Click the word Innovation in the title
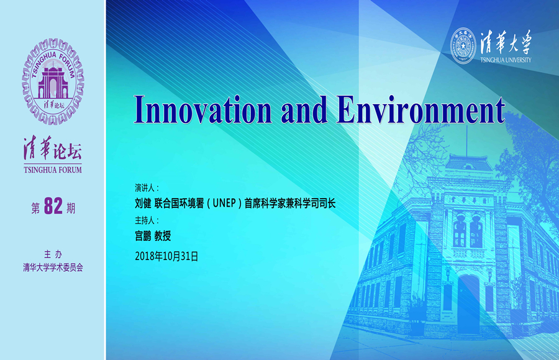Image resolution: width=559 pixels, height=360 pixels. pyautogui.click(x=202, y=109)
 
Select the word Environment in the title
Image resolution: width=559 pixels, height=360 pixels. pyautogui.click(x=420, y=109)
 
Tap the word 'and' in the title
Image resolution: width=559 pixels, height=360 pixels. pyautogui.click(x=304, y=109)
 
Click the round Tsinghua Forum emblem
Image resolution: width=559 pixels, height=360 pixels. pyautogui.click(x=53, y=82)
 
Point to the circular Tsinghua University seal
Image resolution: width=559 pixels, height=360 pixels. pyautogui.click(x=463, y=46)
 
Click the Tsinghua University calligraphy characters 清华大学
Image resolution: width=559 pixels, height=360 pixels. pyautogui.click(x=506, y=42)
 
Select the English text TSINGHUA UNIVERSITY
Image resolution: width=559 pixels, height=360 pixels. pyautogui.click(x=506, y=60)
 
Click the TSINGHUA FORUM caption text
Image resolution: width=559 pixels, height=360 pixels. pyautogui.click(x=53, y=170)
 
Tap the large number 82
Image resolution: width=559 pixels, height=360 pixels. pyautogui.click(x=53, y=205)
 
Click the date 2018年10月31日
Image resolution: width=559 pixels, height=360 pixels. pyautogui.click(x=166, y=256)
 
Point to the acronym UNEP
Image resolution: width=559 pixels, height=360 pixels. pyautogui.click(x=224, y=203)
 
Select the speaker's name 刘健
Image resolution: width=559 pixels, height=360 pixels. pyautogui.click(x=143, y=203)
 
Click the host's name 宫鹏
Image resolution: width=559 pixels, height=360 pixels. pyautogui.click(x=143, y=236)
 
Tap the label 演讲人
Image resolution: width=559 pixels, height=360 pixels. pyautogui.click(x=144, y=188)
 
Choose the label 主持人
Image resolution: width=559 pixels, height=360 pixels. pyautogui.click(x=144, y=220)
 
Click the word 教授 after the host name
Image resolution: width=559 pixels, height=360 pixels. pyautogui.click(x=163, y=236)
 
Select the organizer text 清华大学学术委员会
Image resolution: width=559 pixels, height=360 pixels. pyautogui.click(x=53, y=268)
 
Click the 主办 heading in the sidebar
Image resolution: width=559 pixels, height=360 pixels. pyautogui.click(x=53, y=254)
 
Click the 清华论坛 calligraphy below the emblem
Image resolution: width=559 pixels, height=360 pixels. pyautogui.click(x=53, y=148)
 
